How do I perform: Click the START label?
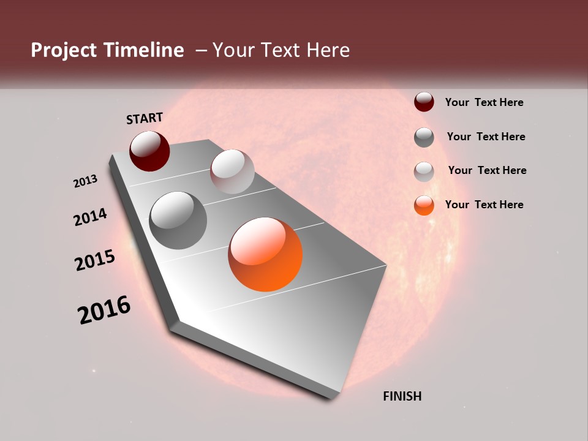coord(145,118)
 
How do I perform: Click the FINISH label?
coord(402,396)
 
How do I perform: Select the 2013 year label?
coord(86,181)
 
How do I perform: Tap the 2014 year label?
coord(91,217)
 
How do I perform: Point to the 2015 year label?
coord(95,260)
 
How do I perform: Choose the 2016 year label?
coord(104,310)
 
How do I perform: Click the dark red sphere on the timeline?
coord(149,151)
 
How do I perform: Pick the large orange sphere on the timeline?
coord(265,254)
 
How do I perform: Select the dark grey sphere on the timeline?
coord(178,220)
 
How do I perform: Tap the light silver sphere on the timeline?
coord(232,171)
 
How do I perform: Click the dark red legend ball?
coord(424,102)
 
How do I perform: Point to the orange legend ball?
coord(424,205)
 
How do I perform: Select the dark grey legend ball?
coord(424,137)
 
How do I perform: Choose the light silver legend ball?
coord(424,171)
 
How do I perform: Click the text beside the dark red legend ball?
coord(484,102)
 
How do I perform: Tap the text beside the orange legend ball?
coord(484,205)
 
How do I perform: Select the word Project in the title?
coord(63,50)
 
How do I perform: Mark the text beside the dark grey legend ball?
coord(486,137)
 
